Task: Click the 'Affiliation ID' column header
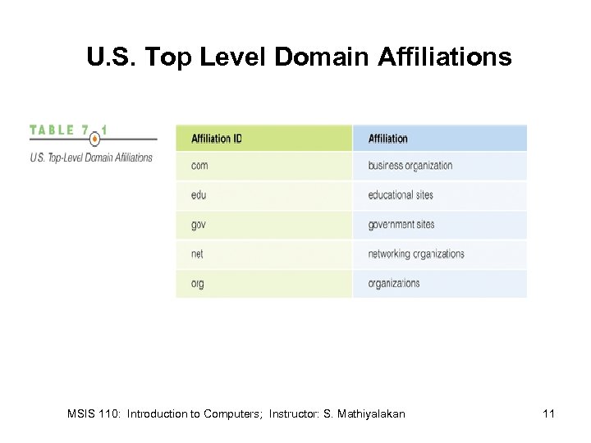pyautogui.click(x=217, y=139)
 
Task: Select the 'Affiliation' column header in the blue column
pyautogui.click(x=388, y=139)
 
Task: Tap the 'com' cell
pyautogui.click(x=199, y=166)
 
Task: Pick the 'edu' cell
pyautogui.click(x=199, y=195)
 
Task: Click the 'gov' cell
pyautogui.click(x=199, y=225)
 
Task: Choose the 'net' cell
pyautogui.click(x=197, y=254)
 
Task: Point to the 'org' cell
pyautogui.click(x=198, y=284)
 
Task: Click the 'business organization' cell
pyautogui.click(x=410, y=166)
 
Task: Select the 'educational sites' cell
pyautogui.click(x=401, y=195)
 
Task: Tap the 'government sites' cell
pyautogui.click(x=401, y=225)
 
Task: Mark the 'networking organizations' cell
pyautogui.click(x=416, y=254)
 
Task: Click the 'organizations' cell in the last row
pyautogui.click(x=394, y=284)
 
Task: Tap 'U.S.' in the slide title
pyautogui.click(x=108, y=58)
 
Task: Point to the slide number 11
pyautogui.click(x=549, y=414)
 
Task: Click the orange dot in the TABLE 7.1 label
pyautogui.click(x=95, y=139)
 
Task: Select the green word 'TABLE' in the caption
pyautogui.click(x=53, y=130)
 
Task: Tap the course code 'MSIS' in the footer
pyautogui.click(x=80, y=414)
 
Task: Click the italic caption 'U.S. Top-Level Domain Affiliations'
pyautogui.click(x=91, y=157)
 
